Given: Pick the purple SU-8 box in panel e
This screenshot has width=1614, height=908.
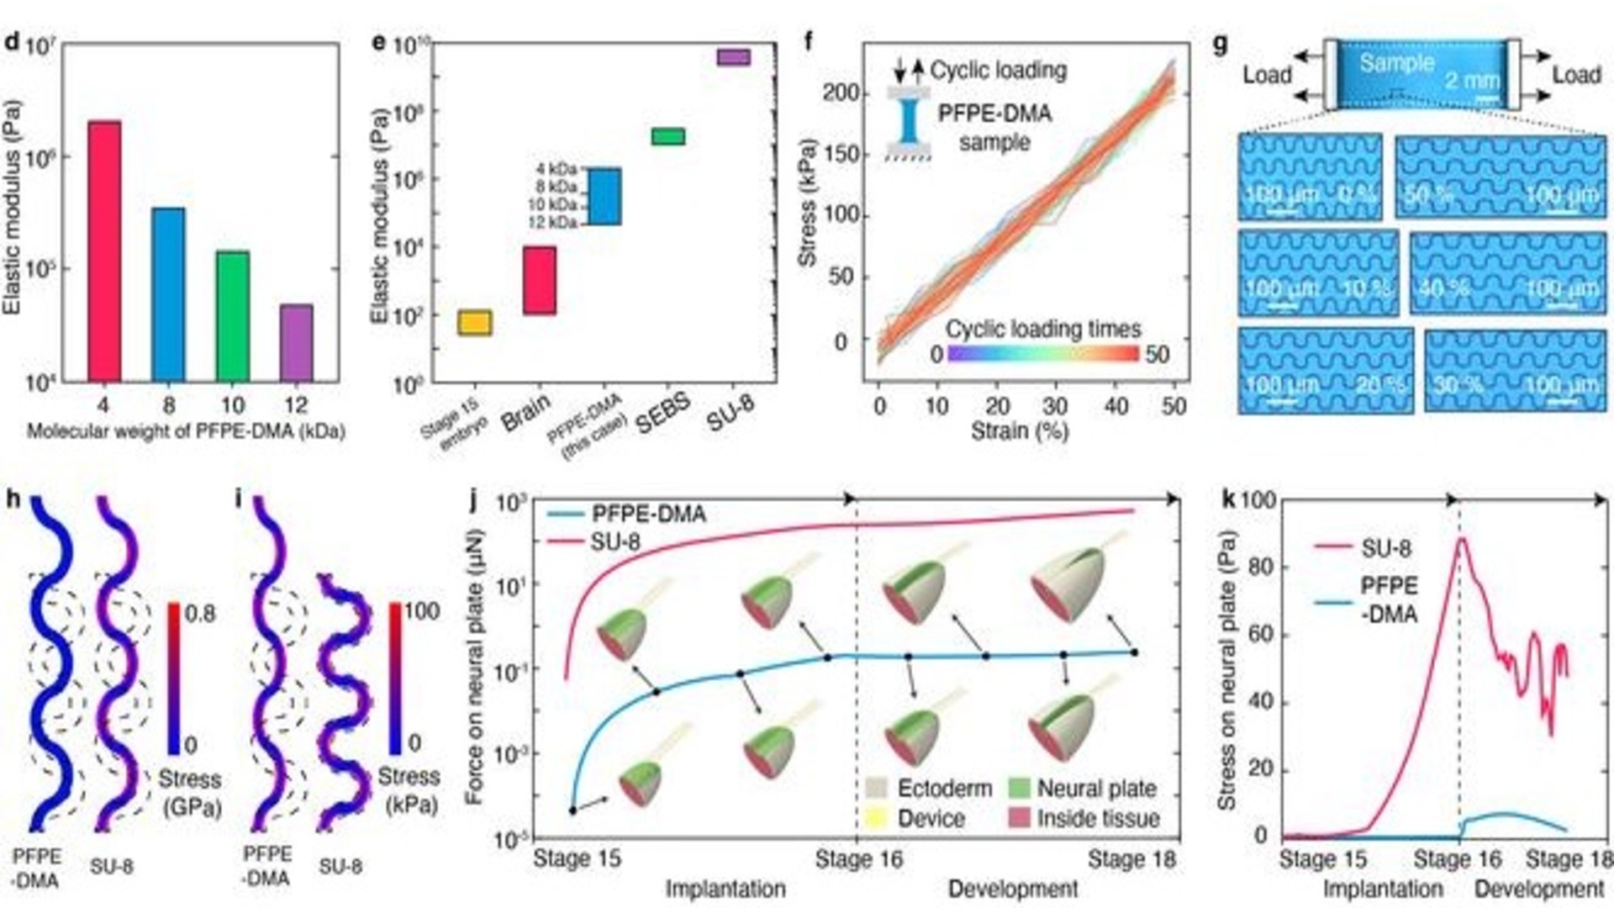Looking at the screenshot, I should (733, 56).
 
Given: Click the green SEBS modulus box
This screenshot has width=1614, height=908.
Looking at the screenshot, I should (668, 136).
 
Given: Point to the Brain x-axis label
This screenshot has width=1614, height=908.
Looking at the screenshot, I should (526, 412).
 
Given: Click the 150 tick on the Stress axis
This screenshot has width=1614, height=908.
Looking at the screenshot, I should (841, 154).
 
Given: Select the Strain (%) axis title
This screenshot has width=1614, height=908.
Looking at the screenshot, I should (1019, 432).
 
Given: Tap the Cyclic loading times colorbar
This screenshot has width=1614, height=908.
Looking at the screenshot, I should (1042, 354).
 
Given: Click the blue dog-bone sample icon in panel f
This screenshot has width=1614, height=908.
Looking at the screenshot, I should (910, 121).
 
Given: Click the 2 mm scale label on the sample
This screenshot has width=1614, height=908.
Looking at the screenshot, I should (1472, 82).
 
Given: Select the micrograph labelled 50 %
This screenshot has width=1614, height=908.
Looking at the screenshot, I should (1501, 177).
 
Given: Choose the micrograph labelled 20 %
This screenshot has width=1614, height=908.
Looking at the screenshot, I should (1325, 370).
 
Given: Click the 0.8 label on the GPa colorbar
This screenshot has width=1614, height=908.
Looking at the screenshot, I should (200, 613).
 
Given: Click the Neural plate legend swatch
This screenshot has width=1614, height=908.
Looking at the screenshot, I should (1018, 789).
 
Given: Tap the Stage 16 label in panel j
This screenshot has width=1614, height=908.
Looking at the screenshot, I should (858, 859).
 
